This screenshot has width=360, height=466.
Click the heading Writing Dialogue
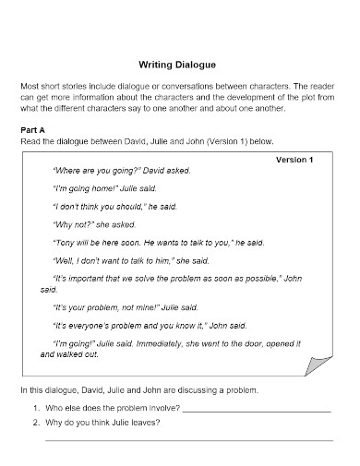(177, 66)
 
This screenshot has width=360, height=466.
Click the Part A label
(34, 131)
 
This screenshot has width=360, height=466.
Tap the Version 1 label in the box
(295, 160)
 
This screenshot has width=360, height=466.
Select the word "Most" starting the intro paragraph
(30, 86)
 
